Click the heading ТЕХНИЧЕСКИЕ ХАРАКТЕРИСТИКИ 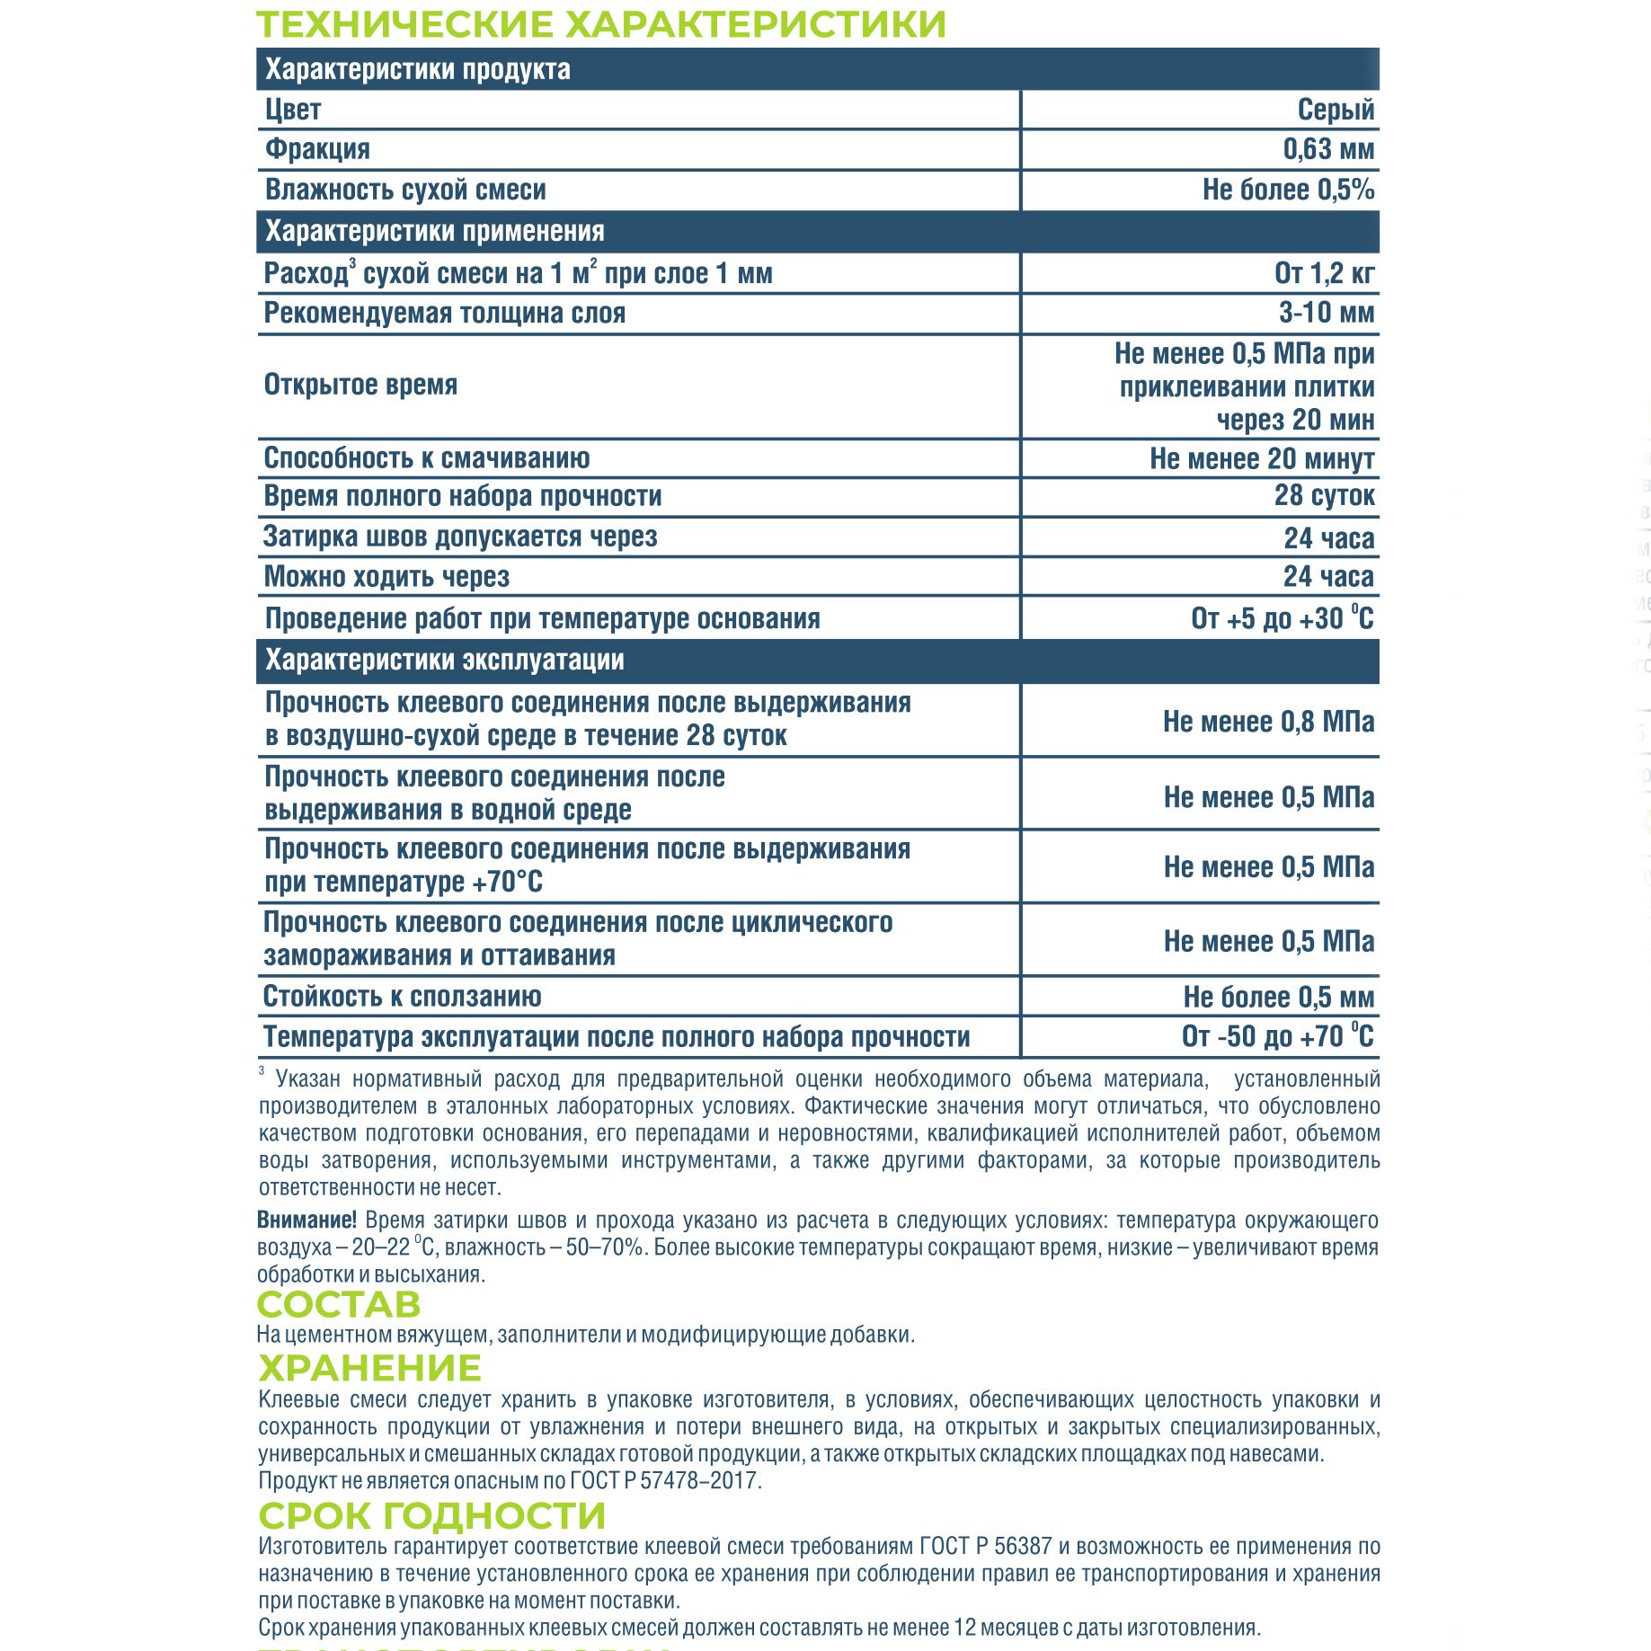(600, 24)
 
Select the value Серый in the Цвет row (1336, 110)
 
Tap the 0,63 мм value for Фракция (1328, 149)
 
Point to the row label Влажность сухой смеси (405, 190)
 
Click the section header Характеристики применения (434, 231)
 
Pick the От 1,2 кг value (1324, 273)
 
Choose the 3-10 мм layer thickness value (1327, 313)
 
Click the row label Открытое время (360, 385)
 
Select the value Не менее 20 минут (1262, 458)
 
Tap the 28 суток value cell (1324, 495)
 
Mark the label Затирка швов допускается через (460, 537)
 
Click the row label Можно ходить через (386, 576)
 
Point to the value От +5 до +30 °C (1282, 618)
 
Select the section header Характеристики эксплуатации (444, 660)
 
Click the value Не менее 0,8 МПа (1268, 721)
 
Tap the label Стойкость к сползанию (402, 996)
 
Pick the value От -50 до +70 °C (1277, 1036)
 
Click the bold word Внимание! (306, 1220)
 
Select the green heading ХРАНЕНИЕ (369, 1368)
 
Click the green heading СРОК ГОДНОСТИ (431, 1515)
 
